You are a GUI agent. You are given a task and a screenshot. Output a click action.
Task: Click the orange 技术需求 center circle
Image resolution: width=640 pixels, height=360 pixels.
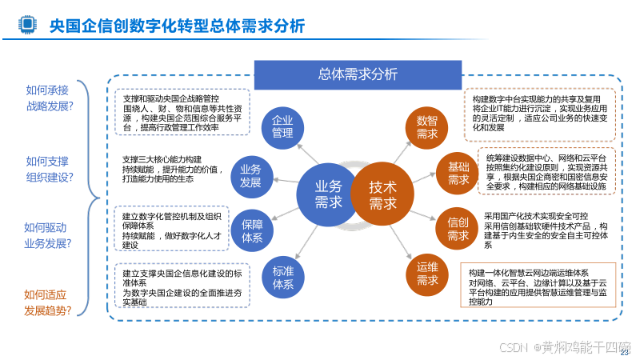382,194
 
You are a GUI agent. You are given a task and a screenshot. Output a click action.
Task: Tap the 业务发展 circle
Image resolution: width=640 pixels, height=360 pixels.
250,176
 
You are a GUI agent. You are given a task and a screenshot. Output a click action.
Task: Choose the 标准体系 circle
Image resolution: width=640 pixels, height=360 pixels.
282,277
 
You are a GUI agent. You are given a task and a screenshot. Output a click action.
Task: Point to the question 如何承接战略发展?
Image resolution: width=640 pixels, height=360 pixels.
49,98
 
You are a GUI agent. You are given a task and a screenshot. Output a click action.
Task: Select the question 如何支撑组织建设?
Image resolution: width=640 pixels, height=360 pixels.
49,169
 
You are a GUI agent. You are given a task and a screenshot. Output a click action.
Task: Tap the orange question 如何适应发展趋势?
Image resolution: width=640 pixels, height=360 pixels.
47,302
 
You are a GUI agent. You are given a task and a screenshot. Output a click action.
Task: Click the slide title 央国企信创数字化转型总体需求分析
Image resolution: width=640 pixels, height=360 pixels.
177,26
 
